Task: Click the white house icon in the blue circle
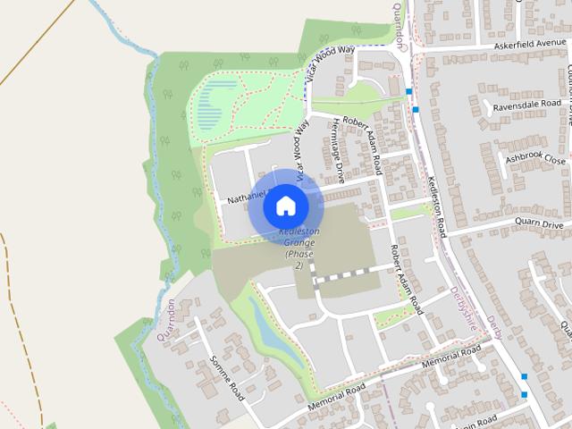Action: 285,206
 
